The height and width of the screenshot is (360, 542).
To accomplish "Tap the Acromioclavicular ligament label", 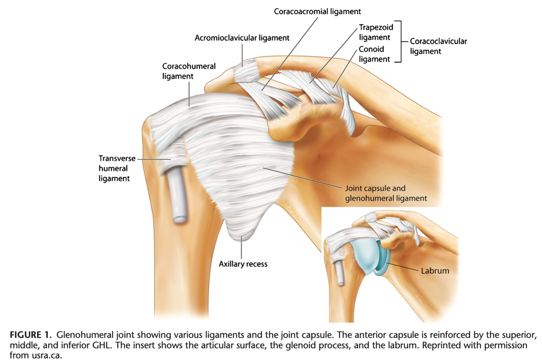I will pos(242,38).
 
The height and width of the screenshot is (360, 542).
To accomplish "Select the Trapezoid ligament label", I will pos(374,32).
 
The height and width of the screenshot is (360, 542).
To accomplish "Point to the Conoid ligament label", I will pos(374,54).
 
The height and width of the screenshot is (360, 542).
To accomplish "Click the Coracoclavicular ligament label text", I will pos(438,46).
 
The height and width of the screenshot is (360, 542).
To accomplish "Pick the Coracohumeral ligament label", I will pos(189,70).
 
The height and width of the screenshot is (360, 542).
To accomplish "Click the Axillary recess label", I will pos(243,264).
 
